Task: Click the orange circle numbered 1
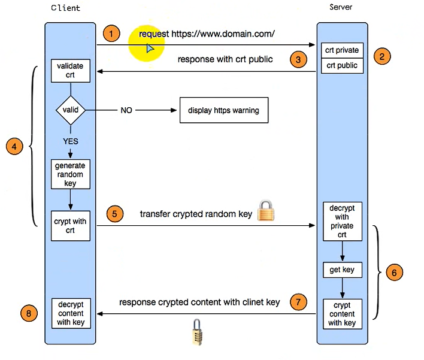click(111, 33)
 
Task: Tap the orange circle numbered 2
click(382, 56)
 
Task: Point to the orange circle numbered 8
click(28, 313)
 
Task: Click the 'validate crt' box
click(71, 70)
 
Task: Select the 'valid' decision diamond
click(71, 110)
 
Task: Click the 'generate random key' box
click(71, 174)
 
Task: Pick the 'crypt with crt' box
click(71, 226)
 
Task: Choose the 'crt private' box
click(341, 51)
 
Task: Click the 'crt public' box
click(341, 65)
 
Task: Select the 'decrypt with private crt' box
click(341, 222)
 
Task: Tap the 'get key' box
click(341, 270)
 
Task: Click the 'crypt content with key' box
click(341, 314)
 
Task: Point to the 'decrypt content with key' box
click(71, 313)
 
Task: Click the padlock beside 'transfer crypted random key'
click(265, 211)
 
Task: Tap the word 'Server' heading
click(341, 7)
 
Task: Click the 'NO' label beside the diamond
click(126, 111)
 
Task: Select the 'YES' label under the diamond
click(71, 141)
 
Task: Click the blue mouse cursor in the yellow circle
click(150, 47)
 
